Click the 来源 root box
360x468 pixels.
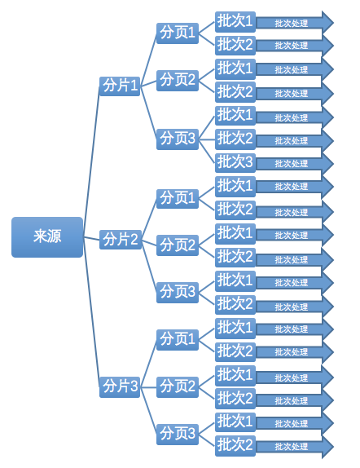47,237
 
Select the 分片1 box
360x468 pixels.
120,86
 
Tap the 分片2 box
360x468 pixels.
120,240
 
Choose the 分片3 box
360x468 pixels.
120,387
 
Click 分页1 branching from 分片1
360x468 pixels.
178,33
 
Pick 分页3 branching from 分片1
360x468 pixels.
178,139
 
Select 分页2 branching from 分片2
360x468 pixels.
178,245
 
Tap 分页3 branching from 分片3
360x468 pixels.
178,435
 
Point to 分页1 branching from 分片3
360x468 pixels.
178,340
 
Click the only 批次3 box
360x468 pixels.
235,163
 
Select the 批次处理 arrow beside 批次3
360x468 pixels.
295,164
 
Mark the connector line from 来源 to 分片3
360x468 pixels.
91,312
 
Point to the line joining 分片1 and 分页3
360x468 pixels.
148,113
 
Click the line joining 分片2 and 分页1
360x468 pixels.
148,219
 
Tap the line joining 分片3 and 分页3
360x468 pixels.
148,411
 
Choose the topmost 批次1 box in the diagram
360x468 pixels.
235,22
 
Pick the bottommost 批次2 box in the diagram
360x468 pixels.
235,446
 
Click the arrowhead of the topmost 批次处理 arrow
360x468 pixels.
327,22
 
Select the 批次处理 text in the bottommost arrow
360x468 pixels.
291,447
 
